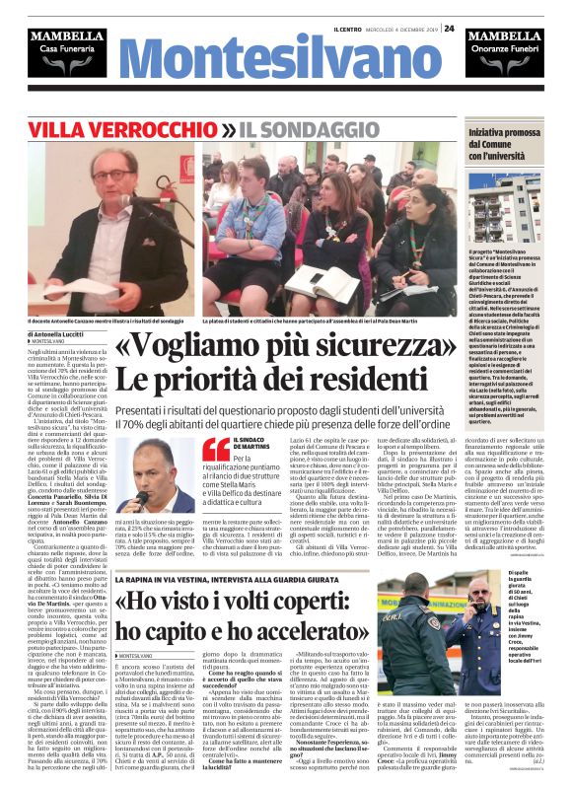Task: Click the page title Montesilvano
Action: [285, 64]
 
